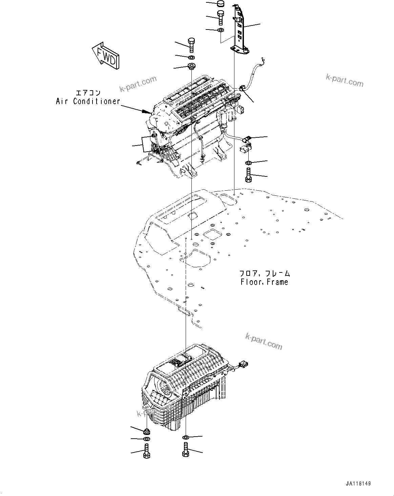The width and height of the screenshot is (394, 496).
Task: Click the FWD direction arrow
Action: click(105, 56)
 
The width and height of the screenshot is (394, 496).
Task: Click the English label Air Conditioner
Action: click(88, 101)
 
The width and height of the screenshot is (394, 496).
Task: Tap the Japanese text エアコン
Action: click(88, 93)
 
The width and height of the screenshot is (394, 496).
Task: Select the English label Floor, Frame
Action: click(264, 282)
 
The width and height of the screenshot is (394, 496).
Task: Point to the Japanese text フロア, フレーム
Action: click(264, 273)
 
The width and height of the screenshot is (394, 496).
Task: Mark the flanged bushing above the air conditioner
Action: click(192, 65)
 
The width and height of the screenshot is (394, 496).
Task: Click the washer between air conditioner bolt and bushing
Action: click(191, 57)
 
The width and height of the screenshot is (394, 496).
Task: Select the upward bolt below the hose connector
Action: click(248, 175)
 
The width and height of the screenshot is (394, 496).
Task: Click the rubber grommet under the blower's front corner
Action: click(147, 432)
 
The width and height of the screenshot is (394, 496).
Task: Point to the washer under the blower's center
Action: click(186, 437)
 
